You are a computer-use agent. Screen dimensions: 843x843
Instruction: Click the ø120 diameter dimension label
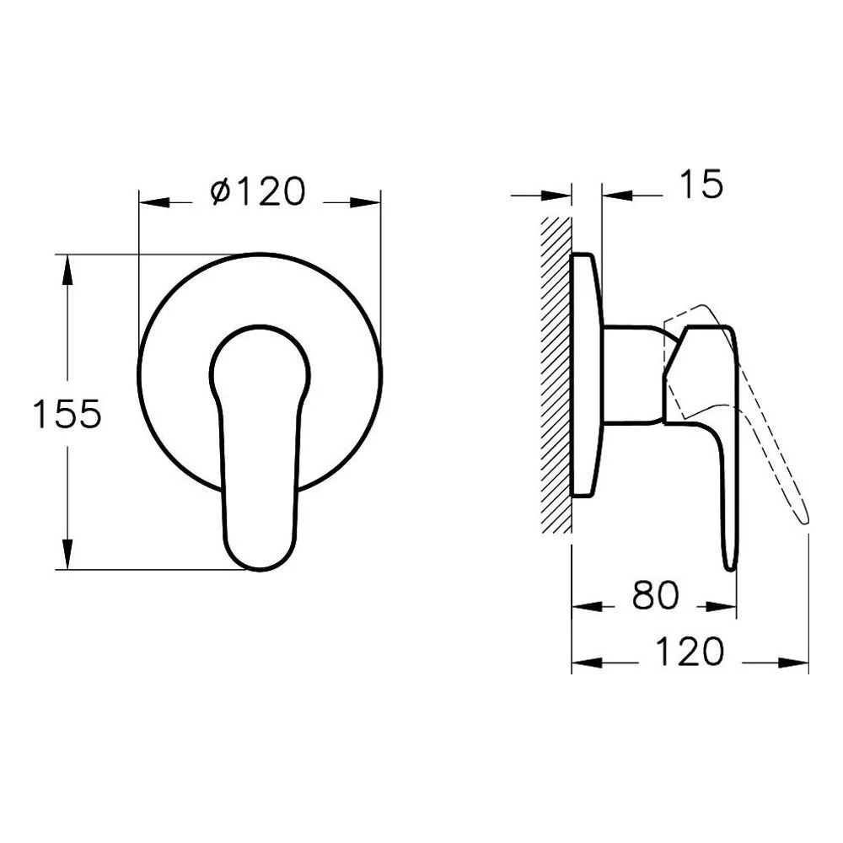[x=259, y=191]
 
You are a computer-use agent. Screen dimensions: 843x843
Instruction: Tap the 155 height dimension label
[x=67, y=414]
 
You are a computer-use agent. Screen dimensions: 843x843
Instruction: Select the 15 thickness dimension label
[x=701, y=184]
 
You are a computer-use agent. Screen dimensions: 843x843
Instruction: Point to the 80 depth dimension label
[x=655, y=595]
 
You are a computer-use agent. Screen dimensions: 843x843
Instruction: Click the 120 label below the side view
[x=690, y=652]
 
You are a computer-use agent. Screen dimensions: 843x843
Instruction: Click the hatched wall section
[x=556, y=375]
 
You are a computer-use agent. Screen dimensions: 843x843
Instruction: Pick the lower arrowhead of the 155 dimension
[x=67, y=554]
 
